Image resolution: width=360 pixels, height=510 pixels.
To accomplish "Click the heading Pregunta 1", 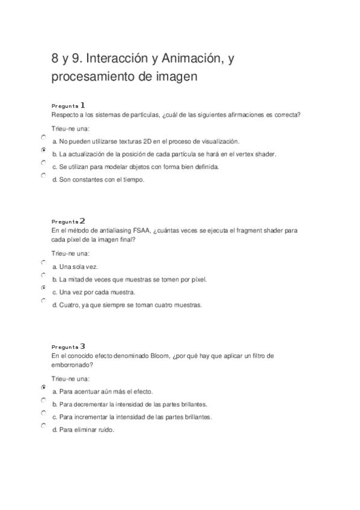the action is pyautogui.click(x=69, y=104).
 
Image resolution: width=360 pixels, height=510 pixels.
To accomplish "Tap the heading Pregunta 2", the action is pyautogui.click(x=69, y=221).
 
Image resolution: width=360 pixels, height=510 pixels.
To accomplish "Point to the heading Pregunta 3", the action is pyautogui.click(x=69, y=346).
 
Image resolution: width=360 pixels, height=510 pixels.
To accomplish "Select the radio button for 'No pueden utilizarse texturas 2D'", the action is pyautogui.click(x=43, y=137).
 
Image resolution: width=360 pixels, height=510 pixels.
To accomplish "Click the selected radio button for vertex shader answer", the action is pyautogui.click(x=43, y=150).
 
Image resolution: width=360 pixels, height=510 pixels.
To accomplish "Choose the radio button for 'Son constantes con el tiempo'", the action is pyautogui.click(x=43, y=176).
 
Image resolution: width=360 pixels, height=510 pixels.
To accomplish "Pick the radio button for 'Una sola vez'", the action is pyautogui.click(x=43, y=263).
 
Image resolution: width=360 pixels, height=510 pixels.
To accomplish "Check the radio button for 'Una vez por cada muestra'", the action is pyautogui.click(x=43, y=288).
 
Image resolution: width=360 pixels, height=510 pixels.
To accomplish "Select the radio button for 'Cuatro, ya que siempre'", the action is pyautogui.click(x=43, y=301).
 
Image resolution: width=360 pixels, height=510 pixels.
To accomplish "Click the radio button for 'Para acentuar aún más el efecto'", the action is pyautogui.click(x=43, y=388).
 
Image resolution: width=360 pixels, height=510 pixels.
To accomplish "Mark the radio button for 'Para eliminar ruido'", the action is pyautogui.click(x=43, y=426).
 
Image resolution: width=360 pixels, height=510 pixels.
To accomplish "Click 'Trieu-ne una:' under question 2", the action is pyautogui.click(x=70, y=253).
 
